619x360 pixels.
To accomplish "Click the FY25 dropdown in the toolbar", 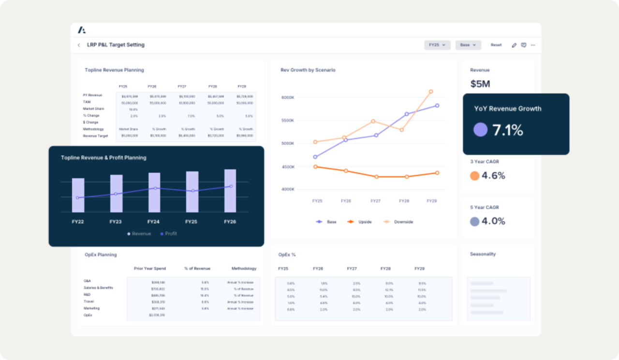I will (437, 45).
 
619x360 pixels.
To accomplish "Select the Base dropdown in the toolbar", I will (468, 45).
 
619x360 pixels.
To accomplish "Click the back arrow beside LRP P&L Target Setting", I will (79, 45).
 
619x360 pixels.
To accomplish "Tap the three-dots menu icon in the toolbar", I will (533, 45).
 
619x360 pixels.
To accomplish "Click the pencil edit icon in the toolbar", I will (514, 45).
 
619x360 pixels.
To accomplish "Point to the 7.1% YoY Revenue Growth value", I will (507, 130).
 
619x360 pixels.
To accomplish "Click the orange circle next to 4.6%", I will (474, 176).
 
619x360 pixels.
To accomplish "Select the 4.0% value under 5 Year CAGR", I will (493, 221).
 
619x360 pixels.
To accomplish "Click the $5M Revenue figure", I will (480, 84).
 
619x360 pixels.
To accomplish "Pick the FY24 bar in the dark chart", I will (154, 193).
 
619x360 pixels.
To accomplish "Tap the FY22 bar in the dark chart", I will (78, 195).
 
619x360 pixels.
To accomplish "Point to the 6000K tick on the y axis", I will (287, 97).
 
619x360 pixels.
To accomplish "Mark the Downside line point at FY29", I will (431, 91).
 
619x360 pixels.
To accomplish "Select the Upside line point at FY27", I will (376, 177).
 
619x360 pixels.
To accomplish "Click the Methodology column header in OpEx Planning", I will (244, 269).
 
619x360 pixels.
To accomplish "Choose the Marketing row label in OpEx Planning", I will (91, 308).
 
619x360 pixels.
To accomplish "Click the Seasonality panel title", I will (483, 254).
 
